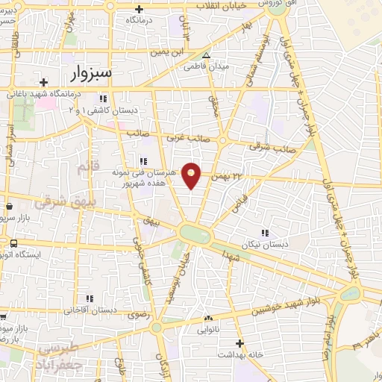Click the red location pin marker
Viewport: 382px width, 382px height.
click(192, 175)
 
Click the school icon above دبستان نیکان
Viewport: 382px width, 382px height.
click(263, 233)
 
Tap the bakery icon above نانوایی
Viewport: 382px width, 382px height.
click(207, 319)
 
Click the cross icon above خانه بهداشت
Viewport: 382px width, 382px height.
click(239, 343)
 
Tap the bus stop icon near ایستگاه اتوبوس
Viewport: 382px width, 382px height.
click(14, 243)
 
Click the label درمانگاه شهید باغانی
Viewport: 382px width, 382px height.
click(43, 95)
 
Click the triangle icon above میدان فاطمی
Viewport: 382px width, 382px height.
click(207, 54)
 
